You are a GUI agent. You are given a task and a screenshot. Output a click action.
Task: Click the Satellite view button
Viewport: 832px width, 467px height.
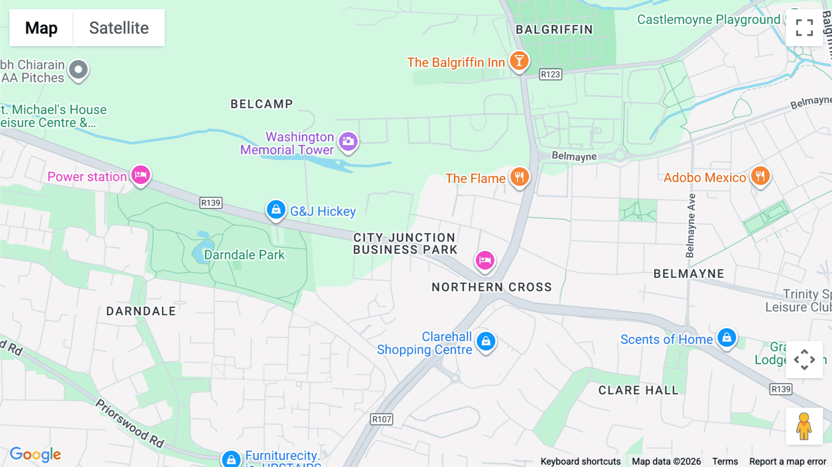119,28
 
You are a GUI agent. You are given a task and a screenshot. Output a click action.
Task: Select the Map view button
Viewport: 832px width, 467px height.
41,28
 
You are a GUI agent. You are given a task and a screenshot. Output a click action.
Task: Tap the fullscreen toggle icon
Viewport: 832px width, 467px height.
804,28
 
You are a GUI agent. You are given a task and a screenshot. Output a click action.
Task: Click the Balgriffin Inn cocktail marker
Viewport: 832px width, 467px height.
519,61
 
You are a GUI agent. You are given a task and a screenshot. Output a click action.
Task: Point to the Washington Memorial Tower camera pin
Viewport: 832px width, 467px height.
348,141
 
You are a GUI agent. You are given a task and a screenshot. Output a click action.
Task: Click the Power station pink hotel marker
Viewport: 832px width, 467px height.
141,175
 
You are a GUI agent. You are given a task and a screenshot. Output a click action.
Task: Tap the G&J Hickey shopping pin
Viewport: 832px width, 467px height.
276,210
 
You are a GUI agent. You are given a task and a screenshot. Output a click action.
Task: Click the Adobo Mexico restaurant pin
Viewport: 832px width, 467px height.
760,176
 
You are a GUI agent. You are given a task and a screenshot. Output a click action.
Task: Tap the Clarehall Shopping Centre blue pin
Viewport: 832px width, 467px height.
486,342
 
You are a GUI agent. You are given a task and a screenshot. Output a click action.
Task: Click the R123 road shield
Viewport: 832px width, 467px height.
551,74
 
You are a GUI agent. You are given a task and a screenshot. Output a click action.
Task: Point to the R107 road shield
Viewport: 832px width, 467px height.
382,419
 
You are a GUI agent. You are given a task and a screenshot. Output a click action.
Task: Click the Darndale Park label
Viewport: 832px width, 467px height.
244,255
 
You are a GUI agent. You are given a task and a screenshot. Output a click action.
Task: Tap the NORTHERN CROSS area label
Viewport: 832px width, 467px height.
491,287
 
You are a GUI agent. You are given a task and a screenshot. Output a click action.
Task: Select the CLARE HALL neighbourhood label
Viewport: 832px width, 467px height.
638,390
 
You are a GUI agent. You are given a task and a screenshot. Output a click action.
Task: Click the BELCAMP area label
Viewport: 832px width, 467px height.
262,104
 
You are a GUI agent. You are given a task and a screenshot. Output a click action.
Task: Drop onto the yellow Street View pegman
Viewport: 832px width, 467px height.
804,426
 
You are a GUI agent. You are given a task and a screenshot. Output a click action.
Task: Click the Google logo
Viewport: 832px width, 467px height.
36,455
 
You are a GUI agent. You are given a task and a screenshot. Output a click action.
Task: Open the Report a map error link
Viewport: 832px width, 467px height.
787,461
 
